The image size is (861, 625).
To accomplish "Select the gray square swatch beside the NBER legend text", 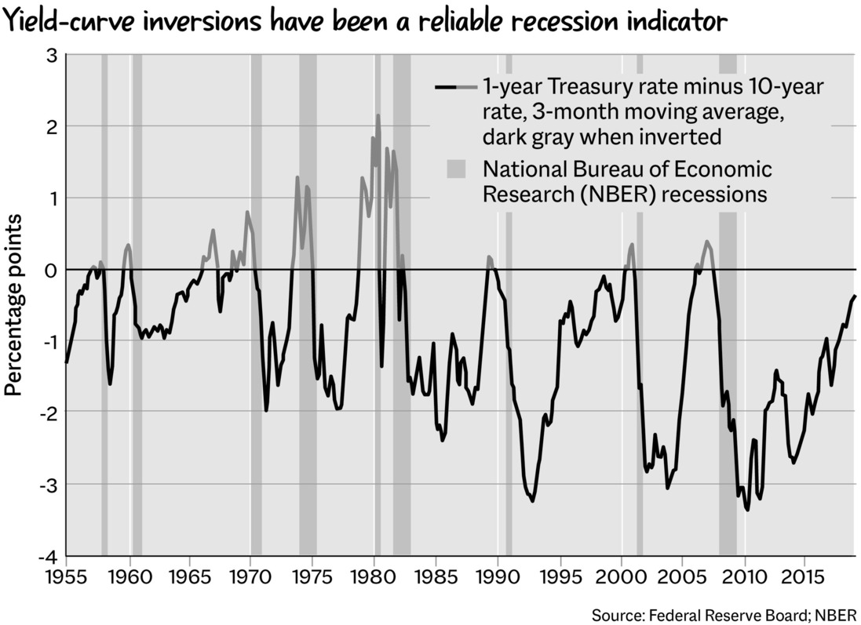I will [455, 169].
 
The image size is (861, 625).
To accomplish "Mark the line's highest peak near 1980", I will [378, 115].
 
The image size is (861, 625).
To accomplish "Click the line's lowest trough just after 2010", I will [747, 510].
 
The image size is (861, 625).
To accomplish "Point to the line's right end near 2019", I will [854, 296].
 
